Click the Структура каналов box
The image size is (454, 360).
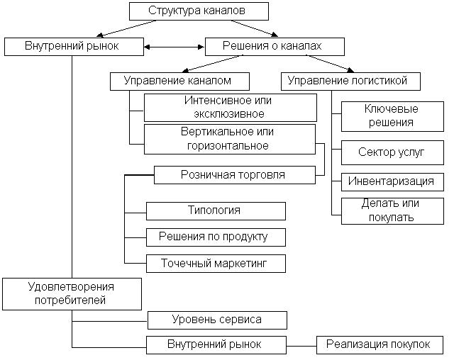[199, 11]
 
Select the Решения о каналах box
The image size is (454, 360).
[275, 46]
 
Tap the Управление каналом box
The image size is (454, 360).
[181, 81]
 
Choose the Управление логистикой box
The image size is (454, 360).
[351, 81]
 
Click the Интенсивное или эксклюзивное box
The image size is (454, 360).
[230, 107]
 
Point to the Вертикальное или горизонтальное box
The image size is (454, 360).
[229, 139]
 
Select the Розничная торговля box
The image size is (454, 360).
[234, 174]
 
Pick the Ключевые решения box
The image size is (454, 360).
[392, 116]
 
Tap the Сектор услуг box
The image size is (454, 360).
[392, 152]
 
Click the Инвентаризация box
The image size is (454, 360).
[390, 181]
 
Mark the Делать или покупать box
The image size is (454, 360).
[391, 210]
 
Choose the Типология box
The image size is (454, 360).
[216, 210]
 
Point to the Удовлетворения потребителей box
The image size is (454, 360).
[71, 293]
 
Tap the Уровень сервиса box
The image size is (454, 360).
[217, 320]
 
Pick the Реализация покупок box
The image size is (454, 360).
[379, 344]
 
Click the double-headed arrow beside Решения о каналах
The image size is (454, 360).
[175, 47]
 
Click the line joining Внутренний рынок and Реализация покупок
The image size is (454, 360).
[301, 345]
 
